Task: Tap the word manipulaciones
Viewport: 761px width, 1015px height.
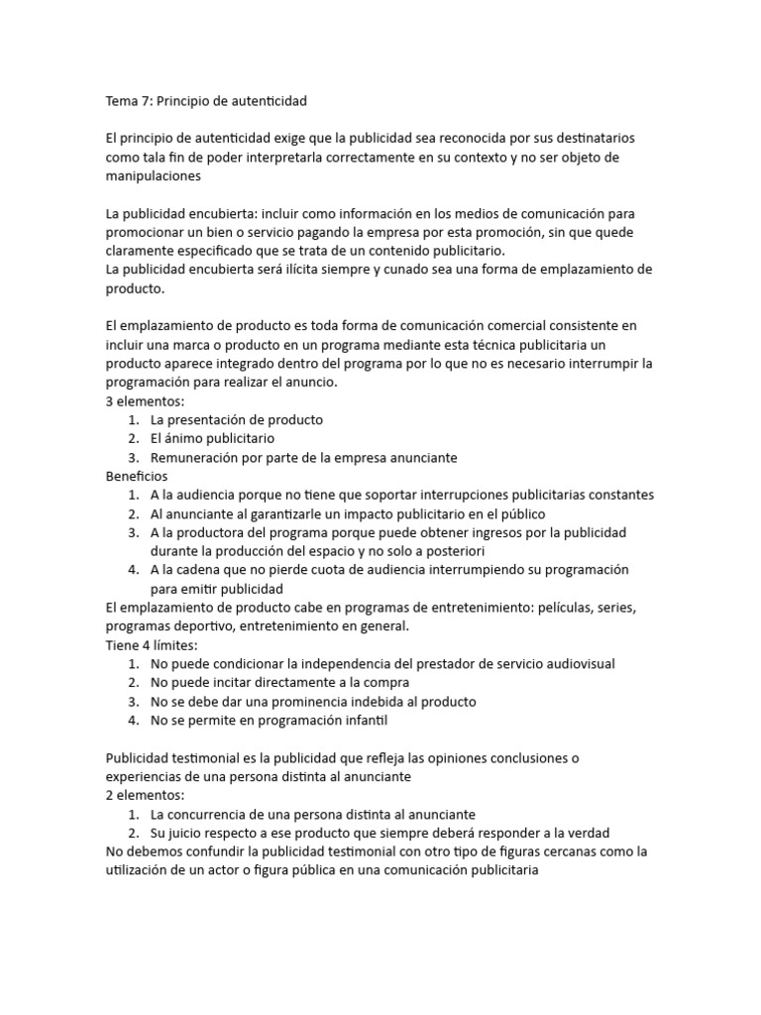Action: pos(153,175)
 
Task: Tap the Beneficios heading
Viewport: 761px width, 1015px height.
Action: pos(137,476)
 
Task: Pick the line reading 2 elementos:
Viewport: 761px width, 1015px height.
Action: pos(145,795)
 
